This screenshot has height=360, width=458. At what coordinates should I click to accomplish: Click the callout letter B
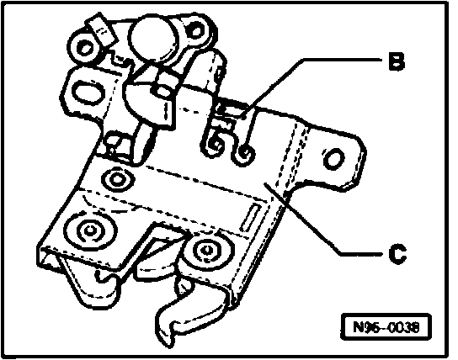(397, 61)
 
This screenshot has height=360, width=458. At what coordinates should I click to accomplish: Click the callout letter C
(397, 253)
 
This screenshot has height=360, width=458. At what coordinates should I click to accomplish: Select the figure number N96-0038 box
(386, 326)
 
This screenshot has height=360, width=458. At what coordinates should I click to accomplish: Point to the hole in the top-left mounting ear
(85, 48)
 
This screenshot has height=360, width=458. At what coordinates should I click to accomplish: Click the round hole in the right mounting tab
(333, 159)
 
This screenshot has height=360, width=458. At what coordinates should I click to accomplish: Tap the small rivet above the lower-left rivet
(117, 179)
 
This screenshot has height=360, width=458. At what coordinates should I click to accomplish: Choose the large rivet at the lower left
(90, 231)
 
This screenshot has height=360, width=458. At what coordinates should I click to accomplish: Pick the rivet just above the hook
(208, 251)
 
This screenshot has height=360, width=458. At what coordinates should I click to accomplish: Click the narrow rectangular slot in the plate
(250, 218)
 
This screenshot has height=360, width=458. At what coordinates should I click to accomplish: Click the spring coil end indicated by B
(245, 154)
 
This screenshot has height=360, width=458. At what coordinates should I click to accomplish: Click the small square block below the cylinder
(163, 87)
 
